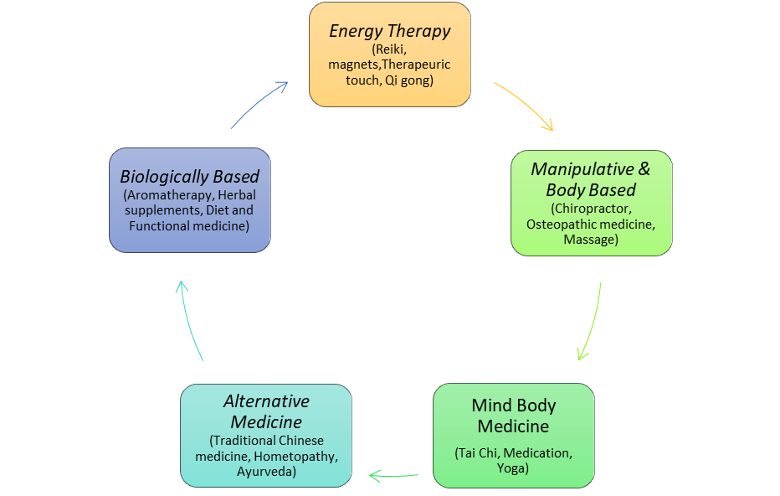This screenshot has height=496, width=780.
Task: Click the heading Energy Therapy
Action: tap(390, 31)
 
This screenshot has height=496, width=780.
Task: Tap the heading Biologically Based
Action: tap(189, 176)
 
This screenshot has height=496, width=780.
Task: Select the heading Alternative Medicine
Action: tap(266, 411)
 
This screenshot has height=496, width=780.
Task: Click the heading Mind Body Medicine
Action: tap(514, 416)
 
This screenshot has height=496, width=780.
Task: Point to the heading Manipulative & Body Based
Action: tap(591, 179)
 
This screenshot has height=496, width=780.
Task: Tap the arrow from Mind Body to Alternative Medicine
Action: tap(394, 476)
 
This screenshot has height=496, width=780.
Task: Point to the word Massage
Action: tap(591, 240)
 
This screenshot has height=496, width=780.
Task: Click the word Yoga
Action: tap(513, 468)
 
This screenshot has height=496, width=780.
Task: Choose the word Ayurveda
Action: tap(266, 472)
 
